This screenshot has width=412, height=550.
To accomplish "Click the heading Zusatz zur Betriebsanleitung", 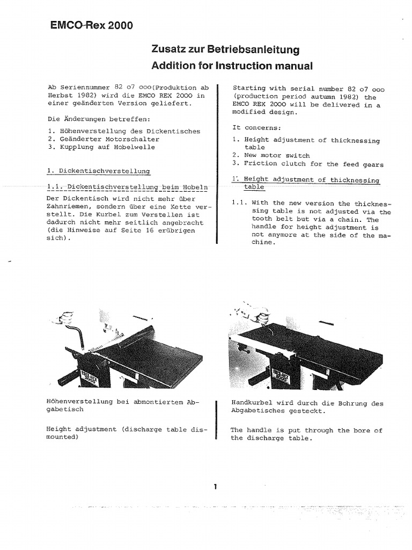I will tap(225, 50).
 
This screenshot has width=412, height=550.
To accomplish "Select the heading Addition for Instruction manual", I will tap(232, 66).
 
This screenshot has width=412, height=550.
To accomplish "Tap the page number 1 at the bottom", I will tap(215, 487).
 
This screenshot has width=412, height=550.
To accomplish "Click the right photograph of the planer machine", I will tap(306, 349).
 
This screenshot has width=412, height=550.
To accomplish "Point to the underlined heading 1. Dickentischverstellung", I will tap(99, 171).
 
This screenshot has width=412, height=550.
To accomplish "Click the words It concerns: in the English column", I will tap(256, 127).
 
